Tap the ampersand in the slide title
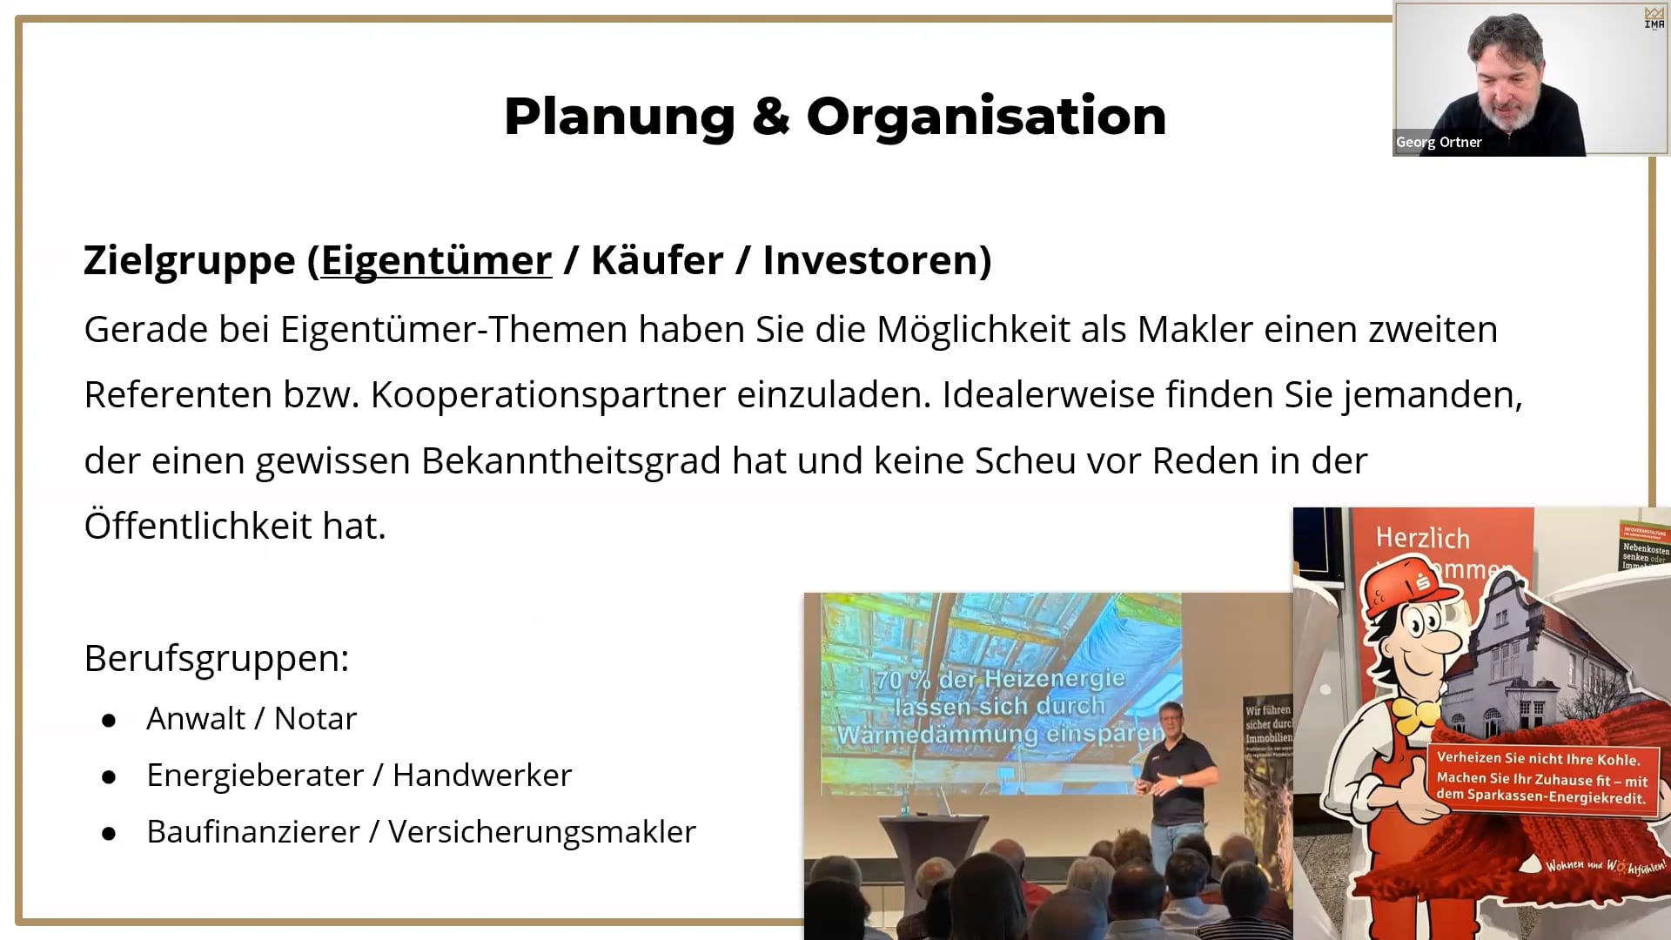pyautogui.click(x=770, y=117)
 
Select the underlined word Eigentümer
pyautogui.click(x=436, y=261)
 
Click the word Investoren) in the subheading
pyautogui.click(x=876, y=260)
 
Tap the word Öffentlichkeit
pyautogui.click(x=198, y=526)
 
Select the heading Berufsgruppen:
pyautogui.click(x=217, y=659)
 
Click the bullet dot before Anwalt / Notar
pyautogui.click(x=109, y=721)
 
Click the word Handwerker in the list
pyautogui.click(x=482, y=775)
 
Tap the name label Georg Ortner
pyautogui.click(x=1439, y=143)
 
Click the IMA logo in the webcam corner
pyautogui.click(x=1654, y=18)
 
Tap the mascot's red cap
pyautogui.click(x=1401, y=579)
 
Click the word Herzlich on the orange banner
pyautogui.click(x=1422, y=538)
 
